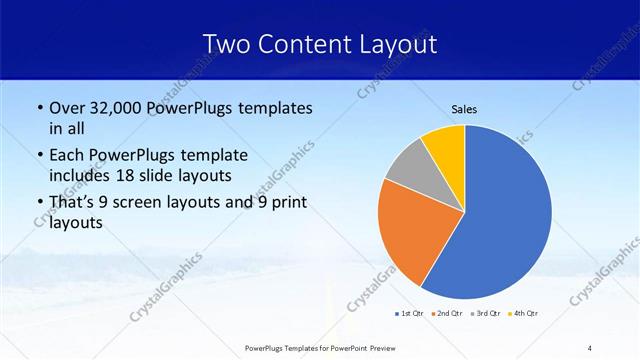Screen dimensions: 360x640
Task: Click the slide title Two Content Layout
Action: click(319, 44)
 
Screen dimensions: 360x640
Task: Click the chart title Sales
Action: click(465, 109)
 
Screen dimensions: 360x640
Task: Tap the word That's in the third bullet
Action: click(73, 203)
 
